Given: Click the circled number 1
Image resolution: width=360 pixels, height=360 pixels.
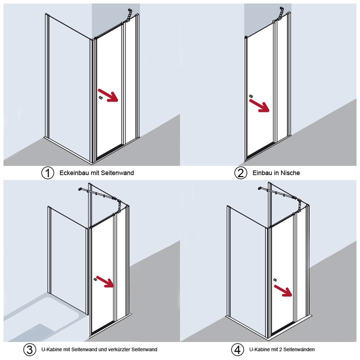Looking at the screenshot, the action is coord(48,173).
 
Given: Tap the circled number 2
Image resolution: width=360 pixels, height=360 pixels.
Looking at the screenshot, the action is coord(240,173).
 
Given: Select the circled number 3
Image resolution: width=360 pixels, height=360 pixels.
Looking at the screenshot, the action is coord(30,350).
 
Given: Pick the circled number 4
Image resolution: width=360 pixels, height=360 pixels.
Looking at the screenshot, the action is coord(238,350).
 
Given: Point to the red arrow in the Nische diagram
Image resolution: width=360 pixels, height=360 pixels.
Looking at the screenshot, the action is coord(259,105).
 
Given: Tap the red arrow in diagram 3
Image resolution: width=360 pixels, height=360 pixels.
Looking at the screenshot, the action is coord(105,282).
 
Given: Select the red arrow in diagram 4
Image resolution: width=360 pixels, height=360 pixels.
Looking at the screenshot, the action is coord(283,291).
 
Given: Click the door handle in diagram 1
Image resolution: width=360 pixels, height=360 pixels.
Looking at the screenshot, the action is coord(100,98).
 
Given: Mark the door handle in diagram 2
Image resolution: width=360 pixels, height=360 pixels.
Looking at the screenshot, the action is coord(251,96).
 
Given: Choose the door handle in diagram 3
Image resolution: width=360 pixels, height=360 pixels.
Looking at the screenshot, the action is coord(95,279).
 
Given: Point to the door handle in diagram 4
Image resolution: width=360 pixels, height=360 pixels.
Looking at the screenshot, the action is coord(275,280).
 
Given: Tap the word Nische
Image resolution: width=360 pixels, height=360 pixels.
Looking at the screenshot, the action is coord(290,173).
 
